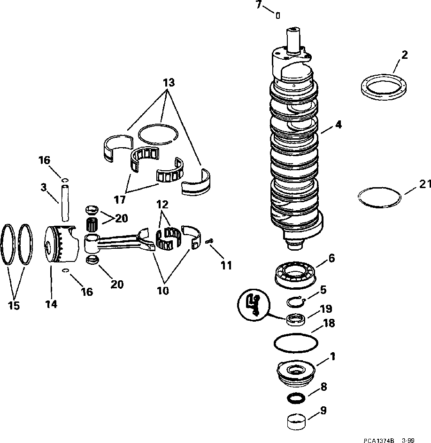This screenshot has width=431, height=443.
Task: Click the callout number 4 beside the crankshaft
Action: (x=338, y=125)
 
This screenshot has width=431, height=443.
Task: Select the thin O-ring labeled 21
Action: (x=379, y=196)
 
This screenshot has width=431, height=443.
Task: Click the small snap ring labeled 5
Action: (x=297, y=301)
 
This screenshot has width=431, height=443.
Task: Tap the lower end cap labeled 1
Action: (x=296, y=369)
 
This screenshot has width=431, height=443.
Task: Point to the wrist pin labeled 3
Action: (x=64, y=202)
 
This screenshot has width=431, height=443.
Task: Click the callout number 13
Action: (x=169, y=83)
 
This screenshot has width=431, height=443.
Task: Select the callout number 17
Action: (x=119, y=200)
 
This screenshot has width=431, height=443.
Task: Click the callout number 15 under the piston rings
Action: (x=14, y=306)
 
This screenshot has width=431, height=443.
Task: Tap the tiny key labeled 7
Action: (x=278, y=16)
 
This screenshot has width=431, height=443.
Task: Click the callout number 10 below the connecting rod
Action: (x=163, y=291)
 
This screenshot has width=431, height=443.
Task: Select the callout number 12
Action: (x=162, y=205)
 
